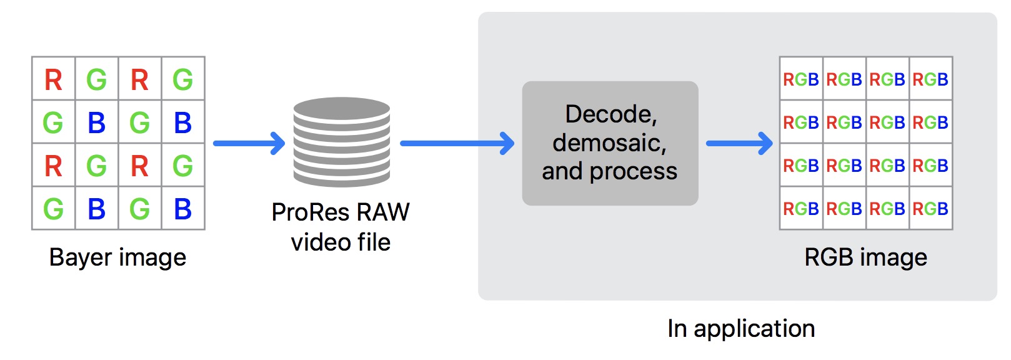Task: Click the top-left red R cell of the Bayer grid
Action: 54,79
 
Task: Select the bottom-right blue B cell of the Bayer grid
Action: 182,209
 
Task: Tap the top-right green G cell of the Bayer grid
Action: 182,79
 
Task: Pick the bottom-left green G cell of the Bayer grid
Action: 54,209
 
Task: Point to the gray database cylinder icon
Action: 342,142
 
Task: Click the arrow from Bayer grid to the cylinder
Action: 249,143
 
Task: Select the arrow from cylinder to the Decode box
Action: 457,143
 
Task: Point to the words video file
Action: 341,242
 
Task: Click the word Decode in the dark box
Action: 609,114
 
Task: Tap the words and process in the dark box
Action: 609,171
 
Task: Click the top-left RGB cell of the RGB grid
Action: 801,79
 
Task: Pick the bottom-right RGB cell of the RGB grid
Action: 930,209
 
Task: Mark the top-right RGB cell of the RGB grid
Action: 930,79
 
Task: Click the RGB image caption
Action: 865,257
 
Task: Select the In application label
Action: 741,329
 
